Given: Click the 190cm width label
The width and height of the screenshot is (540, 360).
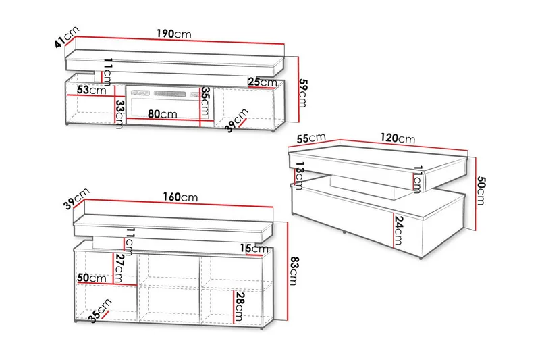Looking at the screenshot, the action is pyautogui.click(x=173, y=34).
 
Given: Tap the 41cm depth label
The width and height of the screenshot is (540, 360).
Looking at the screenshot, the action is pyautogui.click(x=67, y=37).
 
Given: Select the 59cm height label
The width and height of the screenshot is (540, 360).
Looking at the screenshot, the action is pyautogui.click(x=302, y=93).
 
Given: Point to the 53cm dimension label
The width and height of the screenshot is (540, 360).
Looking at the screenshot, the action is pyautogui.click(x=91, y=90).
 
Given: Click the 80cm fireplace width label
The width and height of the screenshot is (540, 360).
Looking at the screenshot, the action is pyautogui.click(x=163, y=113).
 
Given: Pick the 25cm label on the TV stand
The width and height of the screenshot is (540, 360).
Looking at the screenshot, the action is pyautogui.click(x=263, y=82).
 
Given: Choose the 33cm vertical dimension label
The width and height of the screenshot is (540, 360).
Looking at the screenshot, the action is pyautogui.click(x=119, y=114).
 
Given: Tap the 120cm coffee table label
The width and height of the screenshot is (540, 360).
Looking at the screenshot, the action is pyautogui.click(x=398, y=138).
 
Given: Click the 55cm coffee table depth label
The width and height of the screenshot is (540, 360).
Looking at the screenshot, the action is pyautogui.click(x=311, y=138).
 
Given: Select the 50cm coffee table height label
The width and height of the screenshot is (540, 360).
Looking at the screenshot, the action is pyautogui.click(x=481, y=190).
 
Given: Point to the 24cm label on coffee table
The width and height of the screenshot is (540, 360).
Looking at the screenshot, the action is pyautogui.click(x=398, y=230).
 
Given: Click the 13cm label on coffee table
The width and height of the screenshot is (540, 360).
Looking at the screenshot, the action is pyautogui.click(x=299, y=176).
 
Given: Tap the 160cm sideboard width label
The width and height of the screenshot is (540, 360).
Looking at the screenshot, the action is pyautogui.click(x=180, y=197).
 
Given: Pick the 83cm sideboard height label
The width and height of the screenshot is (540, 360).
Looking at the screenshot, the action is pyautogui.click(x=294, y=271).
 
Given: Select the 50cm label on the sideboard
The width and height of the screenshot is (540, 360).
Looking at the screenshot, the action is pyautogui.click(x=92, y=278).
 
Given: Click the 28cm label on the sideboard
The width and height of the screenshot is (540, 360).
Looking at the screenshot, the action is pyautogui.click(x=240, y=306).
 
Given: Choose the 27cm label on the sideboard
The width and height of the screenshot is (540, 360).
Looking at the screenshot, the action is pyautogui.click(x=119, y=268).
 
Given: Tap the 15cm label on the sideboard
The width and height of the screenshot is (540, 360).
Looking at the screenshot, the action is pyautogui.click(x=254, y=248).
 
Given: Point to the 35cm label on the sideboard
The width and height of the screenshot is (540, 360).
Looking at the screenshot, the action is pyautogui.click(x=100, y=311).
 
